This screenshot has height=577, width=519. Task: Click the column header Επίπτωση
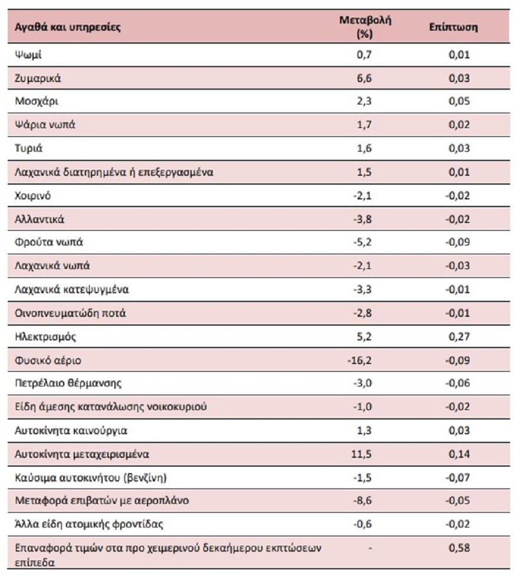[x=454, y=28]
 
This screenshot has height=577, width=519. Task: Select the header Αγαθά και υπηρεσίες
[x=68, y=28]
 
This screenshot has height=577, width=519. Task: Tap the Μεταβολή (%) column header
[x=366, y=27]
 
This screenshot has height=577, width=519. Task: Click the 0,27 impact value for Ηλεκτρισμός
[x=458, y=337]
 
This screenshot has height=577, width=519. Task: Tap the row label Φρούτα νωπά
[x=44, y=242]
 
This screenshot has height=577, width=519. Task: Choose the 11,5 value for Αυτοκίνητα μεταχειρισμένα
[x=363, y=454]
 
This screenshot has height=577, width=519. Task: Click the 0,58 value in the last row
[x=458, y=548]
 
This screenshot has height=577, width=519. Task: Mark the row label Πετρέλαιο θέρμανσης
[x=68, y=383]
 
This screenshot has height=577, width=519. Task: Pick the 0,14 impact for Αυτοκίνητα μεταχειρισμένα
[x=458, y=454]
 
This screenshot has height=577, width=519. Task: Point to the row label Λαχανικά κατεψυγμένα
[x=71, y=290]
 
